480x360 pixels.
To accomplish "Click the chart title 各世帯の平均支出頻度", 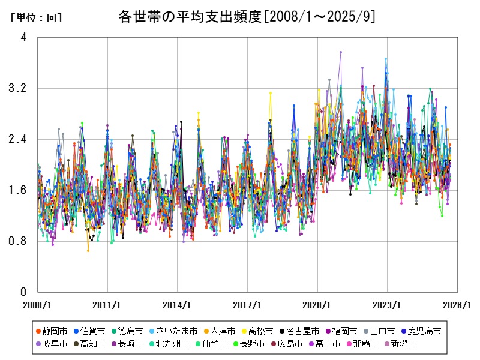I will tap(247, 16).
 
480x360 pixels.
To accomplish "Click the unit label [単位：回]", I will tap(36, 18).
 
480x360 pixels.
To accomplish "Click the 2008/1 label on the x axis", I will tap(38, 305).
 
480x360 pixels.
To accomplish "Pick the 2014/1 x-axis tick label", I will tap(178, 305).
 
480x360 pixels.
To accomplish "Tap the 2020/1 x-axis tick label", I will tap(317, 305).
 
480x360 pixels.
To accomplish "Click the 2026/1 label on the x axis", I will tap(458, 305).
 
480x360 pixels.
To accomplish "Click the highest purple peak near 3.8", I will tap(340, 52).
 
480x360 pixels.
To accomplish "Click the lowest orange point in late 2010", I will tap(88, 250).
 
